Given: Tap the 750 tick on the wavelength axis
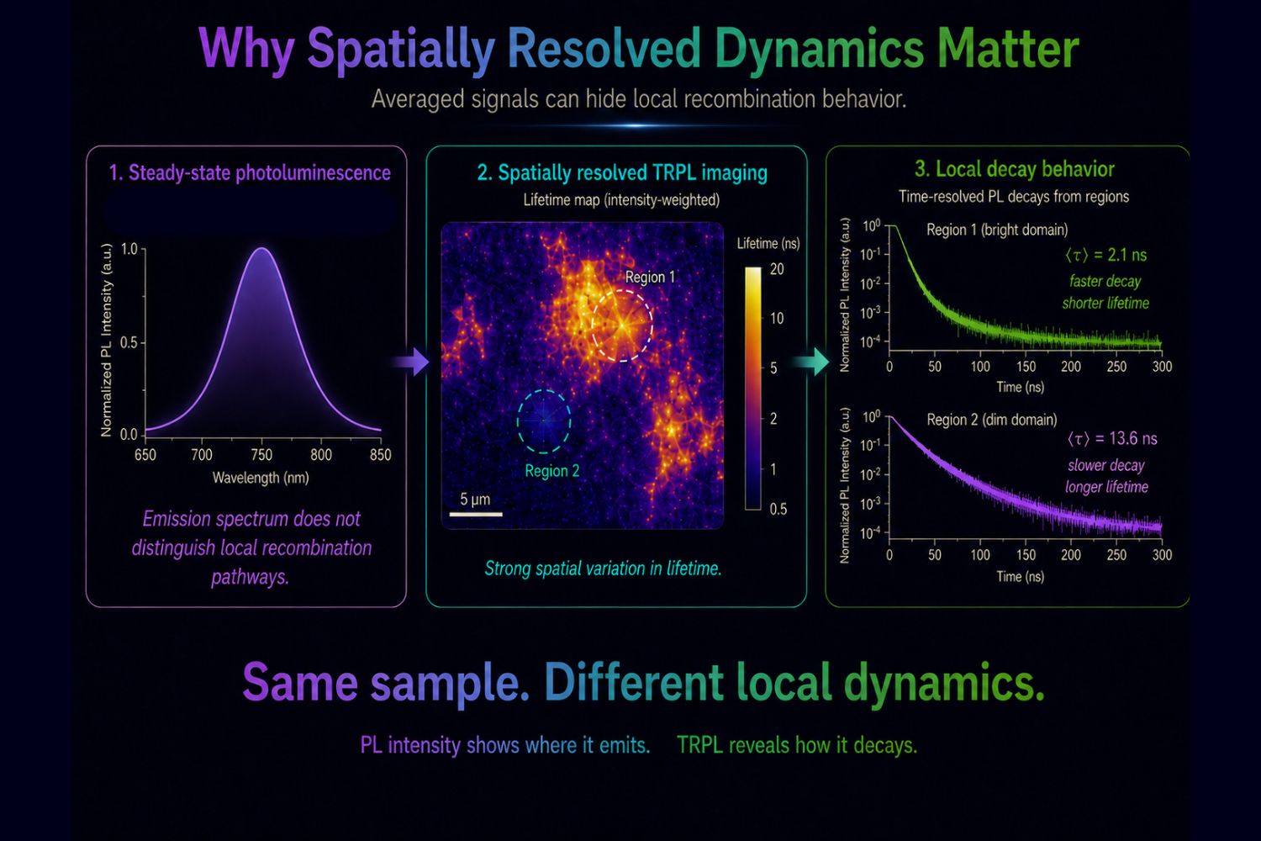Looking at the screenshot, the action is [x=261, y=455].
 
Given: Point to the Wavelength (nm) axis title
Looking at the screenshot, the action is [x=261, y=479].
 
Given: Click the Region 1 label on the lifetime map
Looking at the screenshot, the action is [x=650, y=278].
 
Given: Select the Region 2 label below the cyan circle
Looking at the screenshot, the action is [x=551, y=471].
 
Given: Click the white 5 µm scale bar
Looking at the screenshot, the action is [x=476, y=514].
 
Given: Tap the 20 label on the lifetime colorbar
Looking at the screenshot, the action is [x=777, y=269].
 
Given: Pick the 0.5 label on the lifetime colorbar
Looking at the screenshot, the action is [x=778, y=509].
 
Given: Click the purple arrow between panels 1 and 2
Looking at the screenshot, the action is [x=412, y=362].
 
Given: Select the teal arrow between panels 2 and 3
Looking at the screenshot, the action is [x=811, y=362].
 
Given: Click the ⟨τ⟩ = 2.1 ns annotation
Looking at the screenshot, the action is [x=1105, y=255].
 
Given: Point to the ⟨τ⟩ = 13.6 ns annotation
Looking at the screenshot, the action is [x=1112, y=438].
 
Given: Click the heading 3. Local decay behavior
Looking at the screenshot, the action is [x=1015, y=169].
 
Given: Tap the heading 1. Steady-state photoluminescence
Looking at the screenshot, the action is [x=250, y=173].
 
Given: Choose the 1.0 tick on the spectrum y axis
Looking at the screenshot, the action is [x=129, y=249].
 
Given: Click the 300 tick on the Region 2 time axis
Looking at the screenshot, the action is [x=1162, y=555].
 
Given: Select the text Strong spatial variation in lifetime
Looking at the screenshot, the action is [x=603, y=569].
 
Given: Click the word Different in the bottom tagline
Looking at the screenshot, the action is [x=634, y=682].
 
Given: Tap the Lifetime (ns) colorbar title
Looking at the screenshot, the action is [x=768, y=243].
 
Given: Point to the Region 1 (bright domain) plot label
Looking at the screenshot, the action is [x=997, y=230].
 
